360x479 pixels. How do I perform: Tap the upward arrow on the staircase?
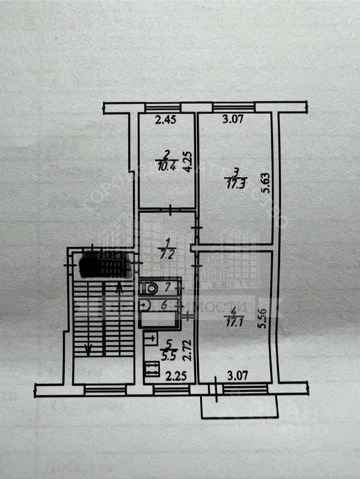click(118, 288)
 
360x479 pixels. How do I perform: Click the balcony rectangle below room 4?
click(238, 407)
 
